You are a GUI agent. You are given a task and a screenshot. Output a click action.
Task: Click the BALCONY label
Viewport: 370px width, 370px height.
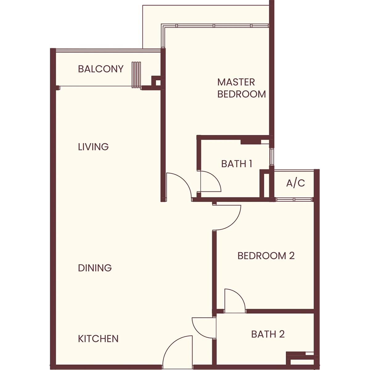coord(101,69)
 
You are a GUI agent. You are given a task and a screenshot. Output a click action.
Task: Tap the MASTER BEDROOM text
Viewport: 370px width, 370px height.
coord(241,88)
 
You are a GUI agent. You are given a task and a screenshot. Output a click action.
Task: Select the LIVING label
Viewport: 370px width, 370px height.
coord(93,147)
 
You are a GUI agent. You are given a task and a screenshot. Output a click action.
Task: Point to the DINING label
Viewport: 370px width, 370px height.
coord(95,268)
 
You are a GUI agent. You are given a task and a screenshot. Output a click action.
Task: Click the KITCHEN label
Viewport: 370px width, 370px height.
coord(98,339)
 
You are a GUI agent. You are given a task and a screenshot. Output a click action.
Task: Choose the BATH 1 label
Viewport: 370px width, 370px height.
coord(236,164)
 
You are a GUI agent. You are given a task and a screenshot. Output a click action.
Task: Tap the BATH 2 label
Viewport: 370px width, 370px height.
coord(268,334)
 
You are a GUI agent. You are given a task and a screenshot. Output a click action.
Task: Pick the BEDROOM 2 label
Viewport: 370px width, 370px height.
coord(266,256)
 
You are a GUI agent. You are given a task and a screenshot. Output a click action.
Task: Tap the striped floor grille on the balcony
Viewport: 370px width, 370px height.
coord(136,75)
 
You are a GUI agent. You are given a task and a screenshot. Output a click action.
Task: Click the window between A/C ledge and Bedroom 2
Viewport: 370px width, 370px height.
coord(294,199)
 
